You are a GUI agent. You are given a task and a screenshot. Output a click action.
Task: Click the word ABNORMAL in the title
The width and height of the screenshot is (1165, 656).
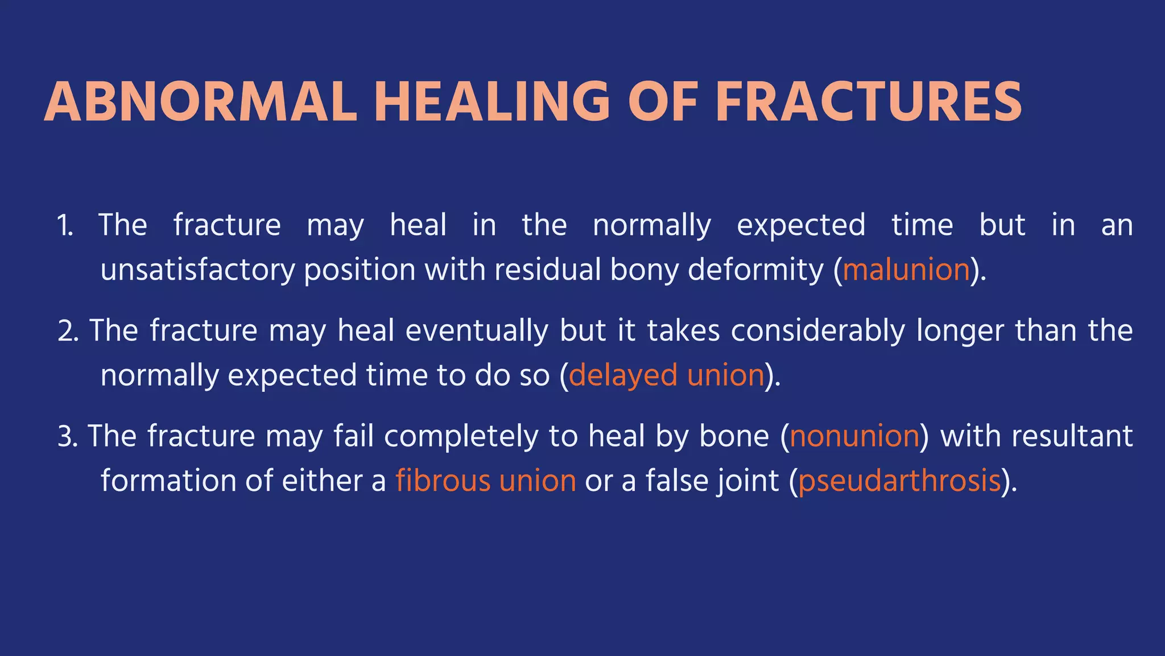coord(200,102)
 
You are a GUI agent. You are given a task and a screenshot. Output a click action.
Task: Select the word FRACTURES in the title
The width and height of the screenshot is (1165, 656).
coord(869,102)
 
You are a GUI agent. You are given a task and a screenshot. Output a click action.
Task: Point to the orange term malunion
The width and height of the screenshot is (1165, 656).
coord(906,270)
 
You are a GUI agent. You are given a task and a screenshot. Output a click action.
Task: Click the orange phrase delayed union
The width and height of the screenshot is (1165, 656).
coord(667,376)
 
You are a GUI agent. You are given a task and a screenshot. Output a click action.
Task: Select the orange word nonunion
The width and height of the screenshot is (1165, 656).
coord(854,437)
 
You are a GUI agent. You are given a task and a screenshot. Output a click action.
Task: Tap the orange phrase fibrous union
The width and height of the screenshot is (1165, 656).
coord(486,481)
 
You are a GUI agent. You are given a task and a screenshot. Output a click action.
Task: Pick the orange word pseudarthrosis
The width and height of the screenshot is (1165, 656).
coord(899,481)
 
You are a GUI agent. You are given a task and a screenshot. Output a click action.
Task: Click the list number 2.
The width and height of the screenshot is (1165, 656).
coord(68,331)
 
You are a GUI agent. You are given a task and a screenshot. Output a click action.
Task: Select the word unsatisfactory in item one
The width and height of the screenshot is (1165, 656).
coord(197,270)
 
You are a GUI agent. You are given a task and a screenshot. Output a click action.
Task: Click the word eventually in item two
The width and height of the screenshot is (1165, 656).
coord(477,331)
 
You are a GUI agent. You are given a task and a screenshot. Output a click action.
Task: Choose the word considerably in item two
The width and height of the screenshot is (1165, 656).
coord(817,331)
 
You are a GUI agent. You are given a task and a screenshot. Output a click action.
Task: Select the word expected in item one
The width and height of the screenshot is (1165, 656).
coord(801,225)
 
